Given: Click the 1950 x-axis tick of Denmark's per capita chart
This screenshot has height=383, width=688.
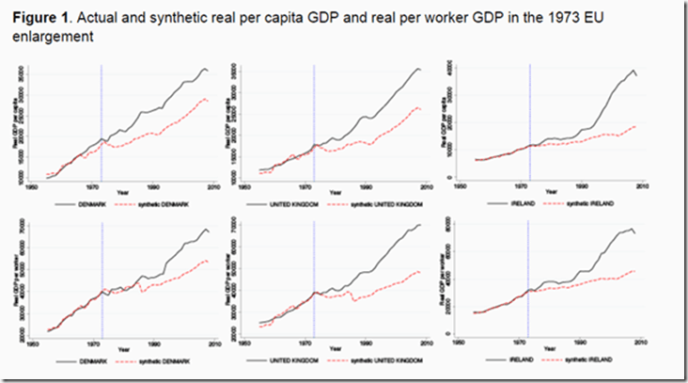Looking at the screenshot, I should point(40,187).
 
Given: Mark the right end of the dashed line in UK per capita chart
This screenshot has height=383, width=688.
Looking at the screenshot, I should point(420,109).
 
